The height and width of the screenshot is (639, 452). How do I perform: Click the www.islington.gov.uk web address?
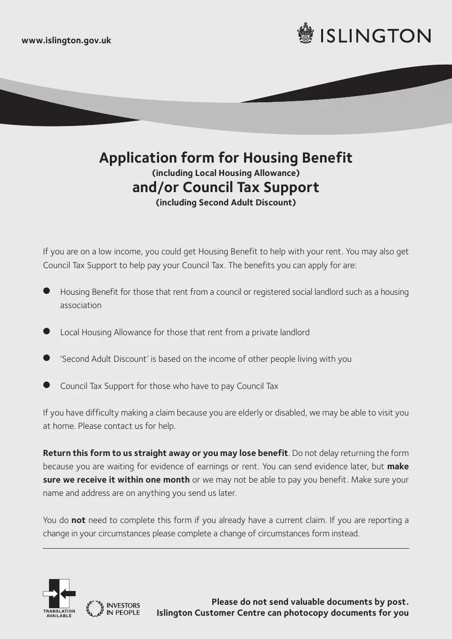click(x=66, y=40)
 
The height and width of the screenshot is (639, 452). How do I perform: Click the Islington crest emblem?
click(x=305, y=34)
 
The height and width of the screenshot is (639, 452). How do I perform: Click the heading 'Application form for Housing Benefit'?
click(x=226, y=158)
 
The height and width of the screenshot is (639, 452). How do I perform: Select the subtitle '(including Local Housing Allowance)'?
click(x=226, y=173)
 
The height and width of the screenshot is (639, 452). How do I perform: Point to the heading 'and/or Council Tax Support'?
click(x=226, y=187)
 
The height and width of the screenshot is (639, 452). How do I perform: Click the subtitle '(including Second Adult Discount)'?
click(x=226, y=203)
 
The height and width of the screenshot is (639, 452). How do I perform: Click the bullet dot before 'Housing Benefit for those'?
click(x=47, y=291)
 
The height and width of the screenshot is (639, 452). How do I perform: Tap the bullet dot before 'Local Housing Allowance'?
click(x=47, y=331)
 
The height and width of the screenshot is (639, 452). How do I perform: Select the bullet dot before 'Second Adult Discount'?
click(x=47, y=358)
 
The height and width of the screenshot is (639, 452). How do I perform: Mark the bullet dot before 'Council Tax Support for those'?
click(x=47, y=385)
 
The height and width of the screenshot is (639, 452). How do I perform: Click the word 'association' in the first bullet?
click(x=80, y=305)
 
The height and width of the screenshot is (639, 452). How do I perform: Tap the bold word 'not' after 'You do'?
click(x=78, y=520)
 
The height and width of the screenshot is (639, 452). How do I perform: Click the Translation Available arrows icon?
click(x=59, y=594)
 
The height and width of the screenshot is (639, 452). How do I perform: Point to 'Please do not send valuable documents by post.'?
click(x=310, y=602)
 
